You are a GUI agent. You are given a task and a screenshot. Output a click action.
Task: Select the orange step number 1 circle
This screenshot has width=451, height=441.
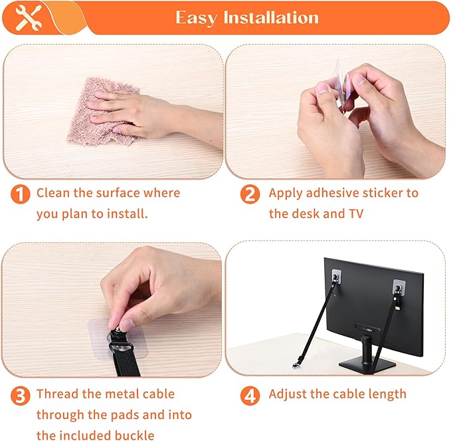[x=21, y=195]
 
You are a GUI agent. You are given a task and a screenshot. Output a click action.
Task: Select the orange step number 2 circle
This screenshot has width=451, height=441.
[x=250, y=195]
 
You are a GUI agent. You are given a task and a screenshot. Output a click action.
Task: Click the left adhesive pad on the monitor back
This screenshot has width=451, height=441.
[x=335, y=275]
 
